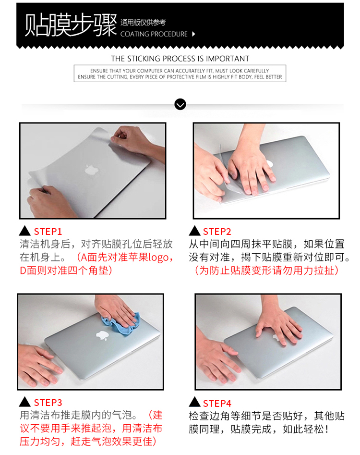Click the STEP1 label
click(48, 232)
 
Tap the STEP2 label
click(217, 232)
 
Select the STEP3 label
click(48, 403)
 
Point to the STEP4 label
click(217, 403)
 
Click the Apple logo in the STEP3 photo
click(102, 335)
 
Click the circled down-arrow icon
click(180, 104)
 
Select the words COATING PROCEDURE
click(154, 34)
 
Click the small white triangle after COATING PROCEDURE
click(193, 34)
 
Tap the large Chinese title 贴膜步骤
click(71, 25)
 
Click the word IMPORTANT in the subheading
click(227, 59)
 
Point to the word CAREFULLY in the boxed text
click(256, 71)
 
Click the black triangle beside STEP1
click(24, 231)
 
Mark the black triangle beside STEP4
click(194, 402)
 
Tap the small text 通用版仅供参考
click(143, 23)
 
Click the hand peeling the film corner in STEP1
click(136, 141)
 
